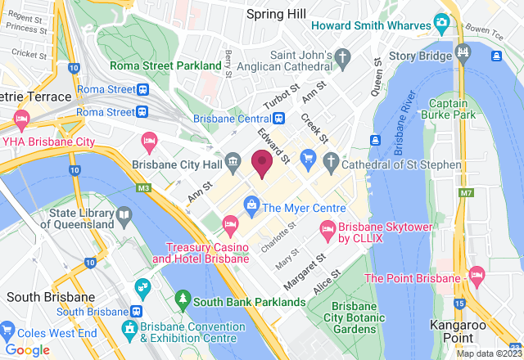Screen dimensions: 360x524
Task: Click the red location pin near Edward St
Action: tap(262, 163)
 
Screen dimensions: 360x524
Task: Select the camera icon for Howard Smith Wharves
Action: tap(443, 21)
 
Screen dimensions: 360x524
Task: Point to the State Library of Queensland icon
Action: tap(124, 217)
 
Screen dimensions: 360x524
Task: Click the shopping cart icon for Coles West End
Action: tap(8, 331)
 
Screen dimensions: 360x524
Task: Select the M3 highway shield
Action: tap(144, 190)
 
